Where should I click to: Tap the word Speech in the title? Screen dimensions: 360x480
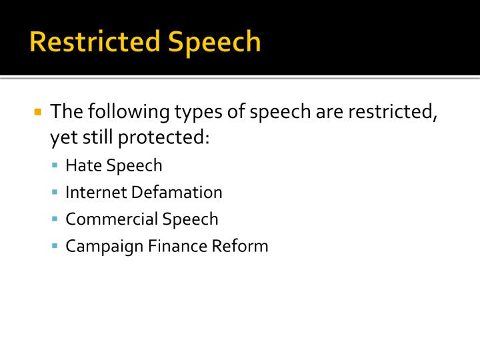(214, 41)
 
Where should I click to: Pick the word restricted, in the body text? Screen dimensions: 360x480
(391, 111)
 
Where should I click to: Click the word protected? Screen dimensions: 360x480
(165, 138)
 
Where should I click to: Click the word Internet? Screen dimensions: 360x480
(96, 193)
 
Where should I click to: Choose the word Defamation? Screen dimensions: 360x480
(177, 193)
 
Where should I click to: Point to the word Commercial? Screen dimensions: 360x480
(105, 219)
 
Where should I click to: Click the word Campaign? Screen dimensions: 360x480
(99, 246)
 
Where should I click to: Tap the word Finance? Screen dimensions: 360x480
(173, 246)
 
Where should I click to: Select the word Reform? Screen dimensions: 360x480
(240, 246)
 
